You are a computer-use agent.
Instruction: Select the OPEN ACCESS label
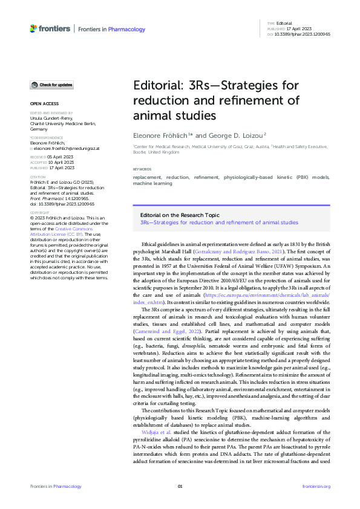[41, 104]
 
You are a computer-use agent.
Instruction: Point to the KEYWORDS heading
[143, 169]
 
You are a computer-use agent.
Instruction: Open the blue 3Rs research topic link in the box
[219, 222]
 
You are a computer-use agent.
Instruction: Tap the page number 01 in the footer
[180, 486]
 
